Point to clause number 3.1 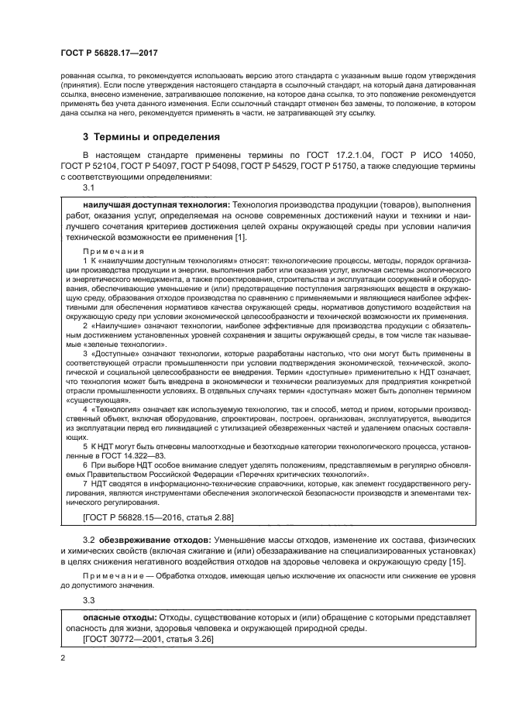[88, 187]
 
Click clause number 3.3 [88, 599]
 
